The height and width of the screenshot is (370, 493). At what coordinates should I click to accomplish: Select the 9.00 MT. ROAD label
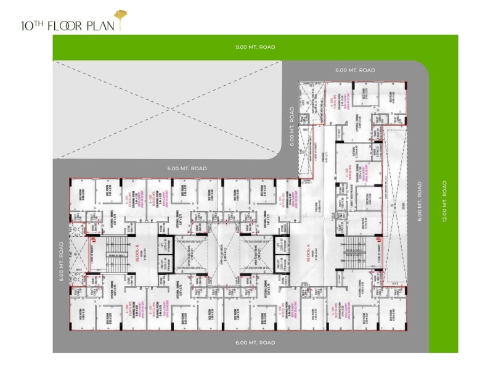[255, 47]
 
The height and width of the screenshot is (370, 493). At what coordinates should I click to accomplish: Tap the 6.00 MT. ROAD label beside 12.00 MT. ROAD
[420, 201]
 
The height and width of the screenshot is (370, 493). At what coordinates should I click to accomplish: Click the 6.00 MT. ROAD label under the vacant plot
[187, 168]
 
